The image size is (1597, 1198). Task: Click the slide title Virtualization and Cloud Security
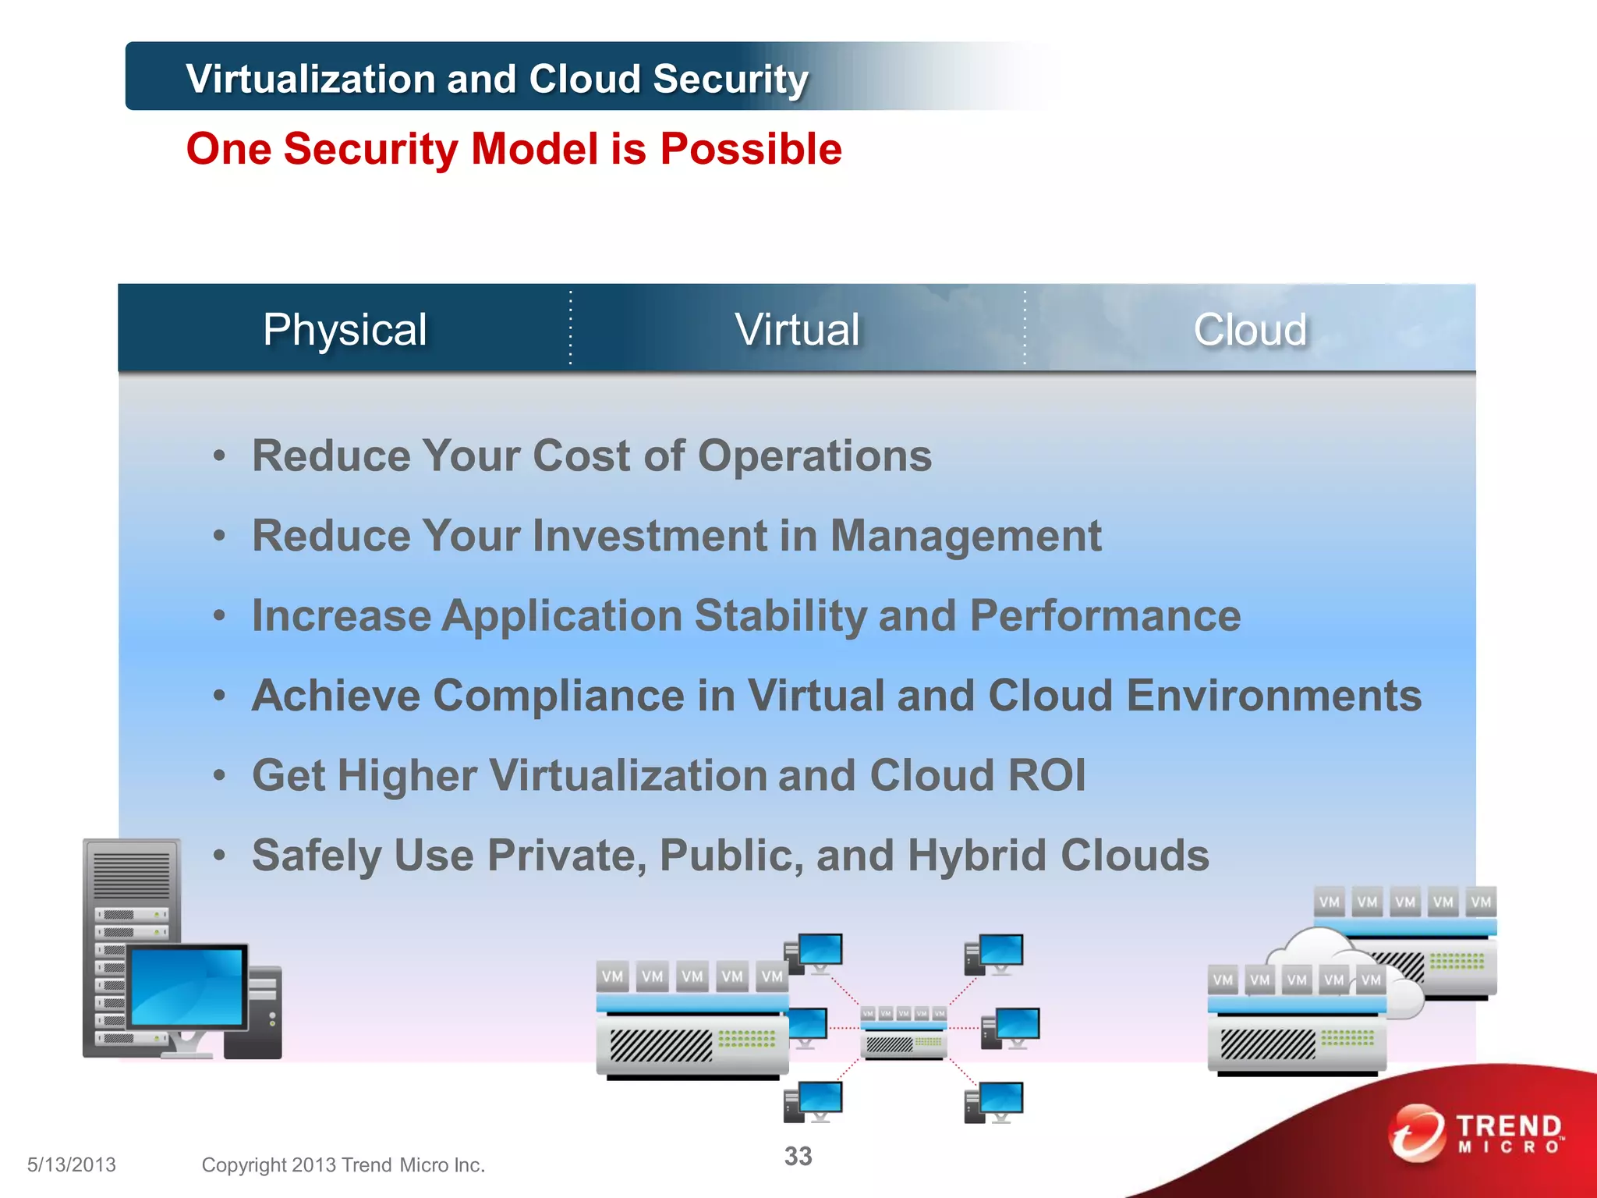497,79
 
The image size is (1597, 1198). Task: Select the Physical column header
345,329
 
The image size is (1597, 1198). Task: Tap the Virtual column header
797,329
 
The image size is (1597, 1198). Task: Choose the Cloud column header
1250,329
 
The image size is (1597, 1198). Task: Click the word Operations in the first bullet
814,455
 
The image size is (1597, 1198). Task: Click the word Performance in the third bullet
1105,615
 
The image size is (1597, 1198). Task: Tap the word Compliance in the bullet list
558,695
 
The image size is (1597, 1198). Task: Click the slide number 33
798,1156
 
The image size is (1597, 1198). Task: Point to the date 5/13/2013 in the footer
71,1164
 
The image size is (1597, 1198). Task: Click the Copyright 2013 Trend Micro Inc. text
343,1164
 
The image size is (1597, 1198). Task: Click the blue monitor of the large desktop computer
188,986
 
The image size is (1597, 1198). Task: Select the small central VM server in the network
904,1032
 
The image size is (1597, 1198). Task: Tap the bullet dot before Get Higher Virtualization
220,775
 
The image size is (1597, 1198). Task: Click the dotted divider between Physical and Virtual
571,328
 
